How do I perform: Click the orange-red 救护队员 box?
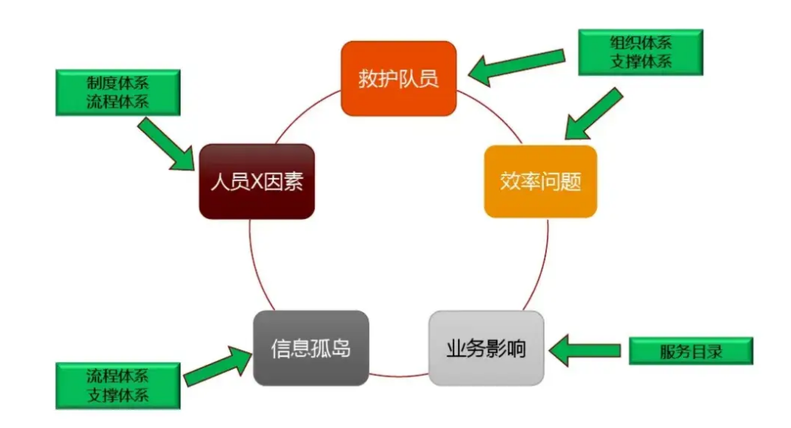click(x=398, y=78)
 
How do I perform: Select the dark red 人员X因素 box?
click(x=256, y=182)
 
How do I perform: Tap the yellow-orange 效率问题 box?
click(x=540, y=182)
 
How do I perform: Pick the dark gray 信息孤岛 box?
click(x=311, y=348)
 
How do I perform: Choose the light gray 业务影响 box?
click(x=486, y=348)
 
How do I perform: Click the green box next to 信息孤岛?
click(x=118, y=385)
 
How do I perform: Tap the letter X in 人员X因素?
click(x=256, y=183)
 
